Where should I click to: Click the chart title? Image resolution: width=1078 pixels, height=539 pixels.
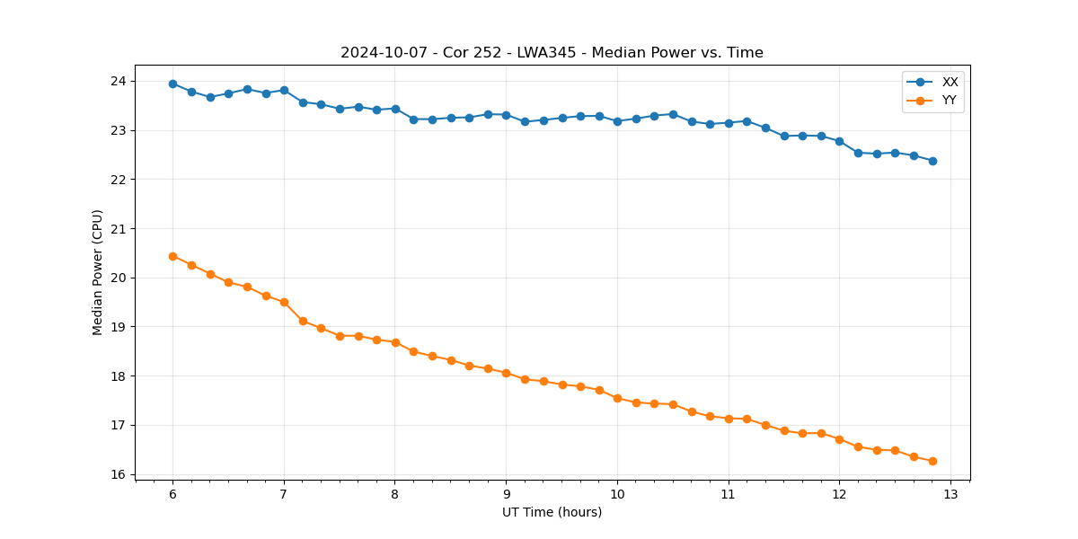[x=552, y=53]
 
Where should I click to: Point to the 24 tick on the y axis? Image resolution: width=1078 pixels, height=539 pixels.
[x=119, y=82]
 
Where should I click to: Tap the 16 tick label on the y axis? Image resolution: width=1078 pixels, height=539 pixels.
[x=119, y=474]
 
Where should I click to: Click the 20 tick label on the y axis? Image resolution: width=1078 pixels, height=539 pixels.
[x=119, y=278]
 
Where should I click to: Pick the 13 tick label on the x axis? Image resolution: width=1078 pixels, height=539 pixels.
[x=950, y=494]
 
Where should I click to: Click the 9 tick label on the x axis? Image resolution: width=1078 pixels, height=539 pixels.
[x=506, y=494]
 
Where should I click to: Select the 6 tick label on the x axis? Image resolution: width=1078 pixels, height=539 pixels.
[x=172, y=494]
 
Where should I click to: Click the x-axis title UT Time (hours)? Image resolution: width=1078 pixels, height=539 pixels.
[x=552, y=512]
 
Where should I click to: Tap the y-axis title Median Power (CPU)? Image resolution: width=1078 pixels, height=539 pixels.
[x=98, y=272]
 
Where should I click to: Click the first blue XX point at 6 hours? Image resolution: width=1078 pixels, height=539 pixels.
[x=172, y=84]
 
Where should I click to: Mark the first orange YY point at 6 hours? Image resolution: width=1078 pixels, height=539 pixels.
[x=172, y=256]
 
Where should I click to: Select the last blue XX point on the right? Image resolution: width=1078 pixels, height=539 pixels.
[x=932, y=161]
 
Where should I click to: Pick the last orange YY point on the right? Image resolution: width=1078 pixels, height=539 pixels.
[x=932, y=461]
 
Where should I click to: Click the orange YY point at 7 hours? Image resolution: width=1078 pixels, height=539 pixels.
[x=284, y=302]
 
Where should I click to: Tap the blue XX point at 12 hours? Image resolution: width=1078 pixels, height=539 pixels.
[x=839, y=141]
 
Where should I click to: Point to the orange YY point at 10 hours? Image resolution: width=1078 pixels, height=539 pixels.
[x=617, y=398]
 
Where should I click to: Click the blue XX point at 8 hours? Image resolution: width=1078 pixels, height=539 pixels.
[x=395, y=109]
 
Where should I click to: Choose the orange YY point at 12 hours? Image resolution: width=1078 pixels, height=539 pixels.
[x=839, y=439]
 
